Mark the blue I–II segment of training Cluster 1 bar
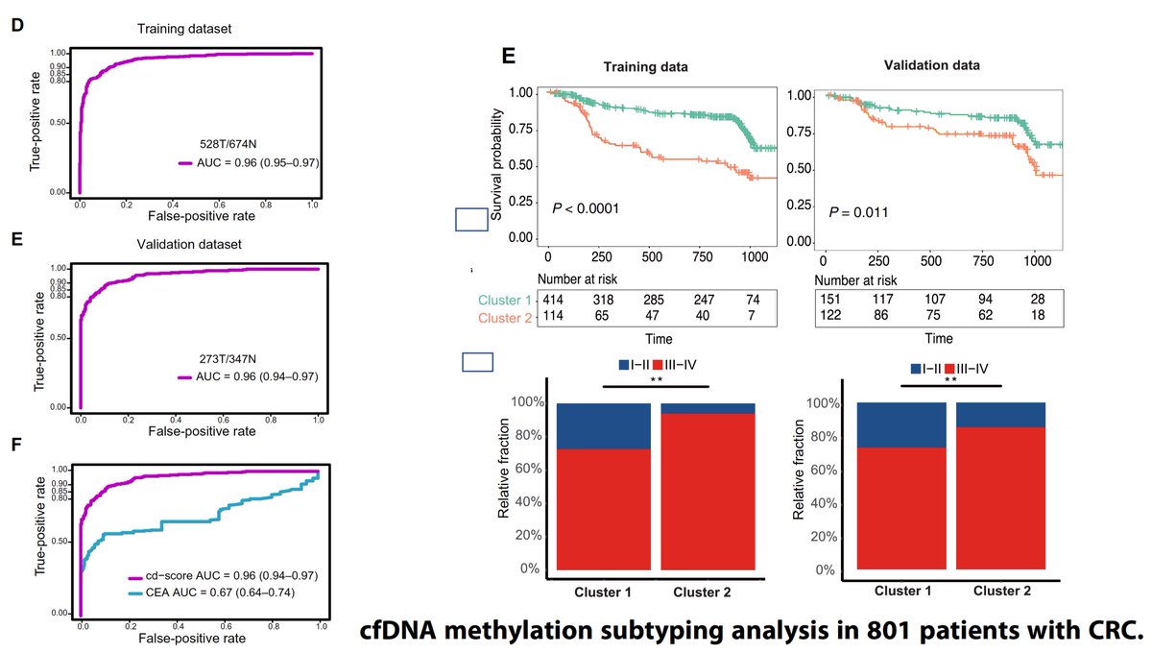click(603, 425)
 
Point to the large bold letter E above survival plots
click(511, 57)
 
